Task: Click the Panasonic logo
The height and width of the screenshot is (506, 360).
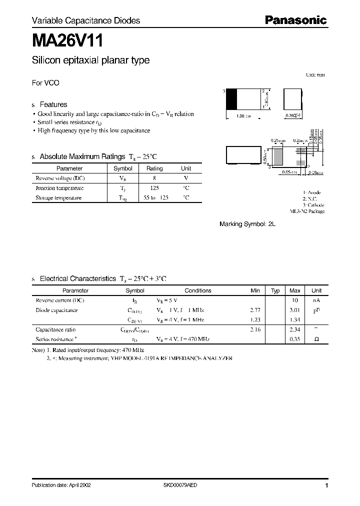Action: coord(295,20)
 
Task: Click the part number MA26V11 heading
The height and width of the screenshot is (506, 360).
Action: coord(61,39)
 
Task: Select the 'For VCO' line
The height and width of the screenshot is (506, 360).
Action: coord(45,83)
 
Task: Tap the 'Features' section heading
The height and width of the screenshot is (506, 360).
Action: coord(53,104)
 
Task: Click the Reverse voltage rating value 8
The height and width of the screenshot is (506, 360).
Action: coord(154,178)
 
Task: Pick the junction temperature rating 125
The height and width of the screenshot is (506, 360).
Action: coord(154,188)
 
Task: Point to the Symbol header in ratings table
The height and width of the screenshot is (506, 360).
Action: coord(123,168)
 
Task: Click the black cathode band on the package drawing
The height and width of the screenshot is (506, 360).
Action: coord(231,99)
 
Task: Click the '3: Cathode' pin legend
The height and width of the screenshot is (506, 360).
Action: coord(313,205)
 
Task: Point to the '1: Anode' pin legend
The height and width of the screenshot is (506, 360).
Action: coord(312,192)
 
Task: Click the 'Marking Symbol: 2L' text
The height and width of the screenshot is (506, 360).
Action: coord(247,224)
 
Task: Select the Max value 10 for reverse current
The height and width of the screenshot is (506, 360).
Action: coord(295,300)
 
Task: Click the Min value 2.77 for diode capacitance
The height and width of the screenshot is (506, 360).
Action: coord(255,310)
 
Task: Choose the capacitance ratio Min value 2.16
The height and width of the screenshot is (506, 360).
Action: coord(255,329)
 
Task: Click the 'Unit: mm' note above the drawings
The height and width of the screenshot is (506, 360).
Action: coord(315,74)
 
